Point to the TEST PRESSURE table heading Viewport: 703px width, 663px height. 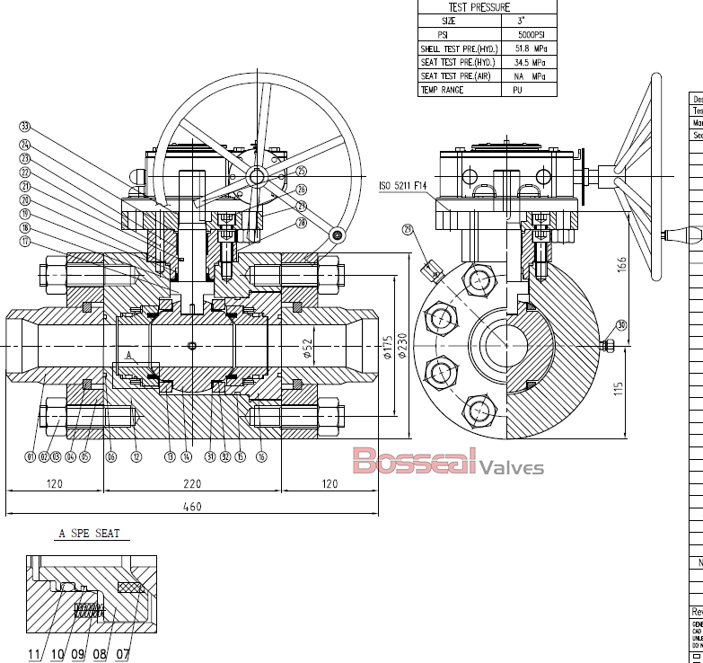(479, 7)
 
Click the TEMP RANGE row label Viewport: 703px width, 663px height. (443, 90)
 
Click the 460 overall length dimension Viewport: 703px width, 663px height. (192, 507)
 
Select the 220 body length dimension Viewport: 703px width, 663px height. (192, 483)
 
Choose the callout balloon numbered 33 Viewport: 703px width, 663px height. (25, 126)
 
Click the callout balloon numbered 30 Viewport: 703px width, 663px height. (620, 326)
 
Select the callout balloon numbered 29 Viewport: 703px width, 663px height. (410, 231)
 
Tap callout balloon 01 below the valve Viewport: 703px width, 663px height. (31, 457)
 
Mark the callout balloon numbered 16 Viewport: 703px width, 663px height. (261, 457)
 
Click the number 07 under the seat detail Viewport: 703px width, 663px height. (123, 654)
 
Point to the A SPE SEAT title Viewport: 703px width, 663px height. (89, 534)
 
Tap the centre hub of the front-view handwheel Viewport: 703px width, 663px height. (257, 177)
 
